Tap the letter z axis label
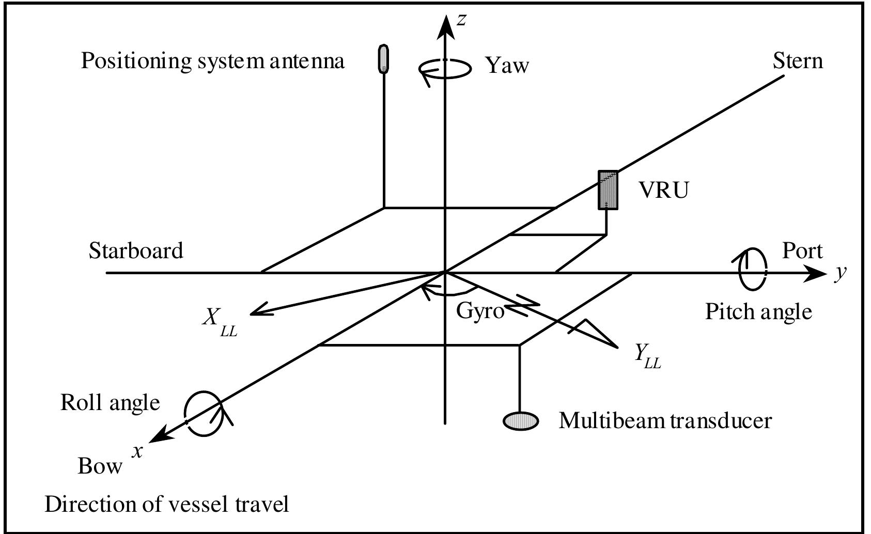pyautogui.click(x=463, y=20)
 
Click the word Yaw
pyautogui.click(x=508, y=66)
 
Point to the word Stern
pyautogui.click(x=798, y=61)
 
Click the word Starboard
pyautogui.click(x=136, y=250)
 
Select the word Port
pyautogui.click(x=802, y=250)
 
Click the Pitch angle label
pyautogui.click(x=758, y=312)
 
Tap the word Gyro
pyautogui.click(x=480, y=311)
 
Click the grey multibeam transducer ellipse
pyautogui.click(x=521, y=421)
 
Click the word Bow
pyautogui.click(x=100, y=466)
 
